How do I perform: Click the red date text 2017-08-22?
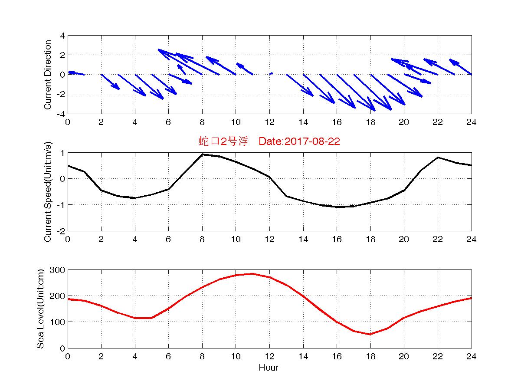(x=311, y=141)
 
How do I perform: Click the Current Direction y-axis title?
(x=48, y=75)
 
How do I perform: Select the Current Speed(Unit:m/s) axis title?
(x=48, y=191)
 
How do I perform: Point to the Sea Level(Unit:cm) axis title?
(x=40, y=309)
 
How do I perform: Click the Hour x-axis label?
(x=269, y=368)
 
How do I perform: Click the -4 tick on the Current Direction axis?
(x=62, y=114)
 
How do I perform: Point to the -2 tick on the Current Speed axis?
(x=62, y=231)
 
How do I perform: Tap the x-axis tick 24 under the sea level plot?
(x=472, y=356)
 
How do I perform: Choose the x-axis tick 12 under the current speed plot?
(x=269, y=239)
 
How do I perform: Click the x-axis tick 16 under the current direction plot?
(x=337, y=122)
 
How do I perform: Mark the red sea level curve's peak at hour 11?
(x=252, y=274)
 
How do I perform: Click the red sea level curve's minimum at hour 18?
(x=370, y=334)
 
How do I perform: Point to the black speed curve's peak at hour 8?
(x=202, y=154)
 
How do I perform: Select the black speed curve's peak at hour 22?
(x=438, y=158)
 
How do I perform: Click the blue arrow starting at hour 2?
(x=110, y=82)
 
